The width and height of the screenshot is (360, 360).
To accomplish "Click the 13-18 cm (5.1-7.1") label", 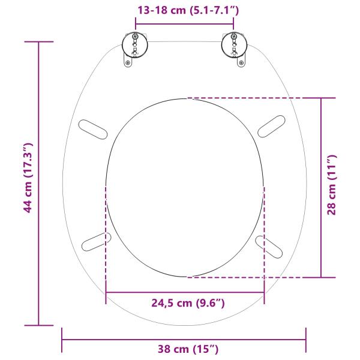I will [x=184, y=10].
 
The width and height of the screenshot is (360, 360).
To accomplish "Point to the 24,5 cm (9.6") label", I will [x=187, y=303].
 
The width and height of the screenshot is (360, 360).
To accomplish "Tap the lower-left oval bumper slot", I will [x=96, y=241].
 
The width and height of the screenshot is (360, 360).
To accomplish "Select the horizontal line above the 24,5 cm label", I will [x=185, y=292].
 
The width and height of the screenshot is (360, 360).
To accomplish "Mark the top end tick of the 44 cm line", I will [x=39, y=42].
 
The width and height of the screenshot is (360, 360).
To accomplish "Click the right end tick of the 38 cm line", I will [x=305, y=340].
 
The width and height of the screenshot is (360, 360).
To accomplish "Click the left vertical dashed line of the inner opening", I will [x=106, y=240].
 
